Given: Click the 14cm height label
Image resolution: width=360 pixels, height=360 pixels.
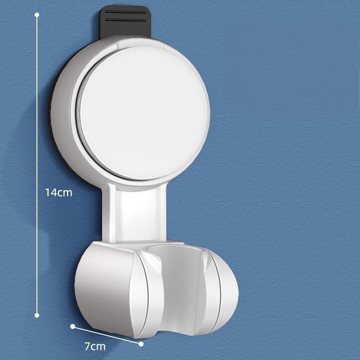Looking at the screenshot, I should tap(58, 193).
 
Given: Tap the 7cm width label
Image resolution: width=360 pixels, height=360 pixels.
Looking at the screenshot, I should tap(94, 346).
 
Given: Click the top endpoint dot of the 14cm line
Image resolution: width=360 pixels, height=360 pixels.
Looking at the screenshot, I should tap(37, 15).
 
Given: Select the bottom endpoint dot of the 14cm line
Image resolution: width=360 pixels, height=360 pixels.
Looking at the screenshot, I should tap(37, 315).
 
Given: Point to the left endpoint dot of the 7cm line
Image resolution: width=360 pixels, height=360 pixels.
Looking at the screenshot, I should tap(72, 325).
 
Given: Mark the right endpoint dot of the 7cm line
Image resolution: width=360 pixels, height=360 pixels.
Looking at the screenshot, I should tap(141, 344).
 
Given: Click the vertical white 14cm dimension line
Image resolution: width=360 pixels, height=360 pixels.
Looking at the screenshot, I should tap(37, 112).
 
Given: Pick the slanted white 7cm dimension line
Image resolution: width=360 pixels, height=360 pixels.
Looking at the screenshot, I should tap(107, 334).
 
